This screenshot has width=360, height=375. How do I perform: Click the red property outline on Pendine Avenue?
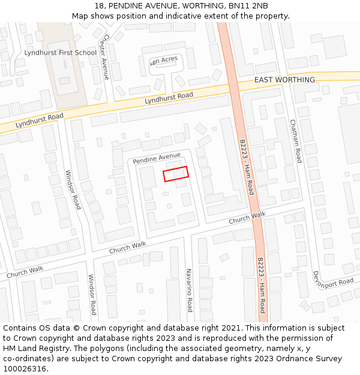(176, 173)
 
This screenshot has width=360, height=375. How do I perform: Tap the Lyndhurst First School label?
(60, 53)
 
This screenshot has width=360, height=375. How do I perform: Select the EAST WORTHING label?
(284, 80)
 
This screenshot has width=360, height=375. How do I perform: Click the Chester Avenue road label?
(105, 56)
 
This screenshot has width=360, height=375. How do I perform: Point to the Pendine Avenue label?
(157, 158)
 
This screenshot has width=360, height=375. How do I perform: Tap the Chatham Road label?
(295, 141)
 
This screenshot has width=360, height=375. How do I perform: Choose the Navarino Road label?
(189, 290)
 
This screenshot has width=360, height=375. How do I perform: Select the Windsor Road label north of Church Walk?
(73, 189)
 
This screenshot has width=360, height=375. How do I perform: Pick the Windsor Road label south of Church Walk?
(92, 294)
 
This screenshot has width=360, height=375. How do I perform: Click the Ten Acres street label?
(164, 61)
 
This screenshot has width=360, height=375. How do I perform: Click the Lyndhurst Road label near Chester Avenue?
(169, 98)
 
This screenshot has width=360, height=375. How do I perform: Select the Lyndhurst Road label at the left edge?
(39, 120)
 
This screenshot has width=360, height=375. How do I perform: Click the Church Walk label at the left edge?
(25, 272)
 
